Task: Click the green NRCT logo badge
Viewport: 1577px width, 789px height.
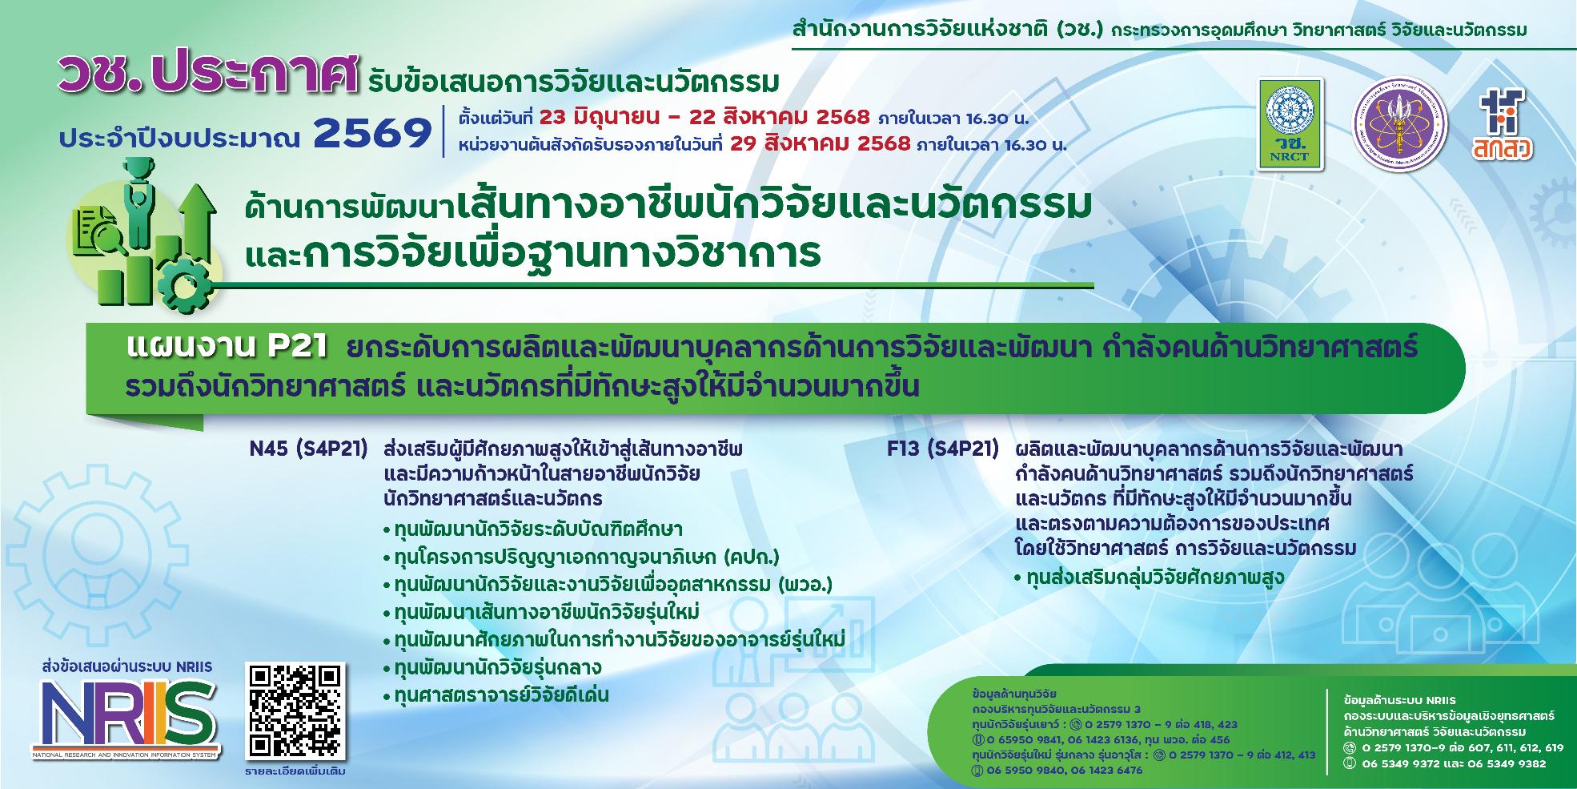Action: [1290, 123]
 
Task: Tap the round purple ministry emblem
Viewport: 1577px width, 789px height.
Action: [1400, 123]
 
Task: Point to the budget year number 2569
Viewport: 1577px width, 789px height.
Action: [373, 135]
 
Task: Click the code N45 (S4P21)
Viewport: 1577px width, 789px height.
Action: [308, 449]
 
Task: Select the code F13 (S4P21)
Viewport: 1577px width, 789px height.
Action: [942, 449]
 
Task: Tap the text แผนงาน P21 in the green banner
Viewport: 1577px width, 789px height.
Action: [227, 348]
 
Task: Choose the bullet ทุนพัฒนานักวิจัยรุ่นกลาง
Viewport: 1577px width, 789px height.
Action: [497, 667]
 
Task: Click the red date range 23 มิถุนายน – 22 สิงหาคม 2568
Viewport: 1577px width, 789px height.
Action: [704, 118]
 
